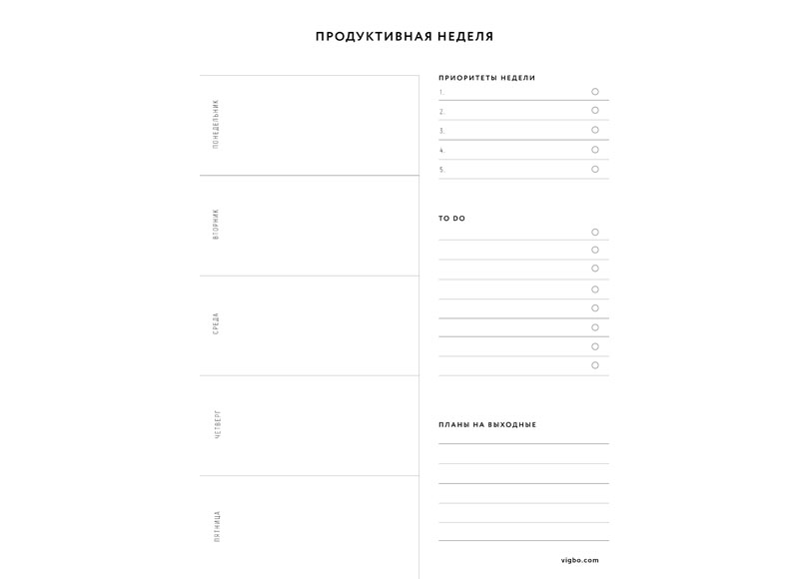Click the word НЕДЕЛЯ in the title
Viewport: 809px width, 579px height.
466,37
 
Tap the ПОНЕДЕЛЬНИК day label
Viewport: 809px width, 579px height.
216,125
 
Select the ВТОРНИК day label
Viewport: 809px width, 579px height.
216,225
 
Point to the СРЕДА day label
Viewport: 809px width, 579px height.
216,324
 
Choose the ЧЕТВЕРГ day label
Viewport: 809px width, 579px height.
217,424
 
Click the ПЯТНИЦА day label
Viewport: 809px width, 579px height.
217,526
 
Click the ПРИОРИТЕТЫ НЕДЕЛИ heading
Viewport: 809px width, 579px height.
486,78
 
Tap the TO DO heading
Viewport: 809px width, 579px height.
451,219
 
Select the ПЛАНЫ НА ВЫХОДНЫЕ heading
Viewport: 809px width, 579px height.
487,425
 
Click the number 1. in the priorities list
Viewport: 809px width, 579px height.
441,92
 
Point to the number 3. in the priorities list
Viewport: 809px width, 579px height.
441,131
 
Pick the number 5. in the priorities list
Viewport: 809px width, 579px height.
441,170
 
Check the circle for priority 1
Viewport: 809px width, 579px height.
595,91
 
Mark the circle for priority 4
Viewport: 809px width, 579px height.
595,150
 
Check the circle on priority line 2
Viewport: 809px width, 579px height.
595,111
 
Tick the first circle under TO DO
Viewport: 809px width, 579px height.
595,232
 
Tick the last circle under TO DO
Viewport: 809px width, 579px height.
595,365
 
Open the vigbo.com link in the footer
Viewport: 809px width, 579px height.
580,560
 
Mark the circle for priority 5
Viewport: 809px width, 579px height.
595,169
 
